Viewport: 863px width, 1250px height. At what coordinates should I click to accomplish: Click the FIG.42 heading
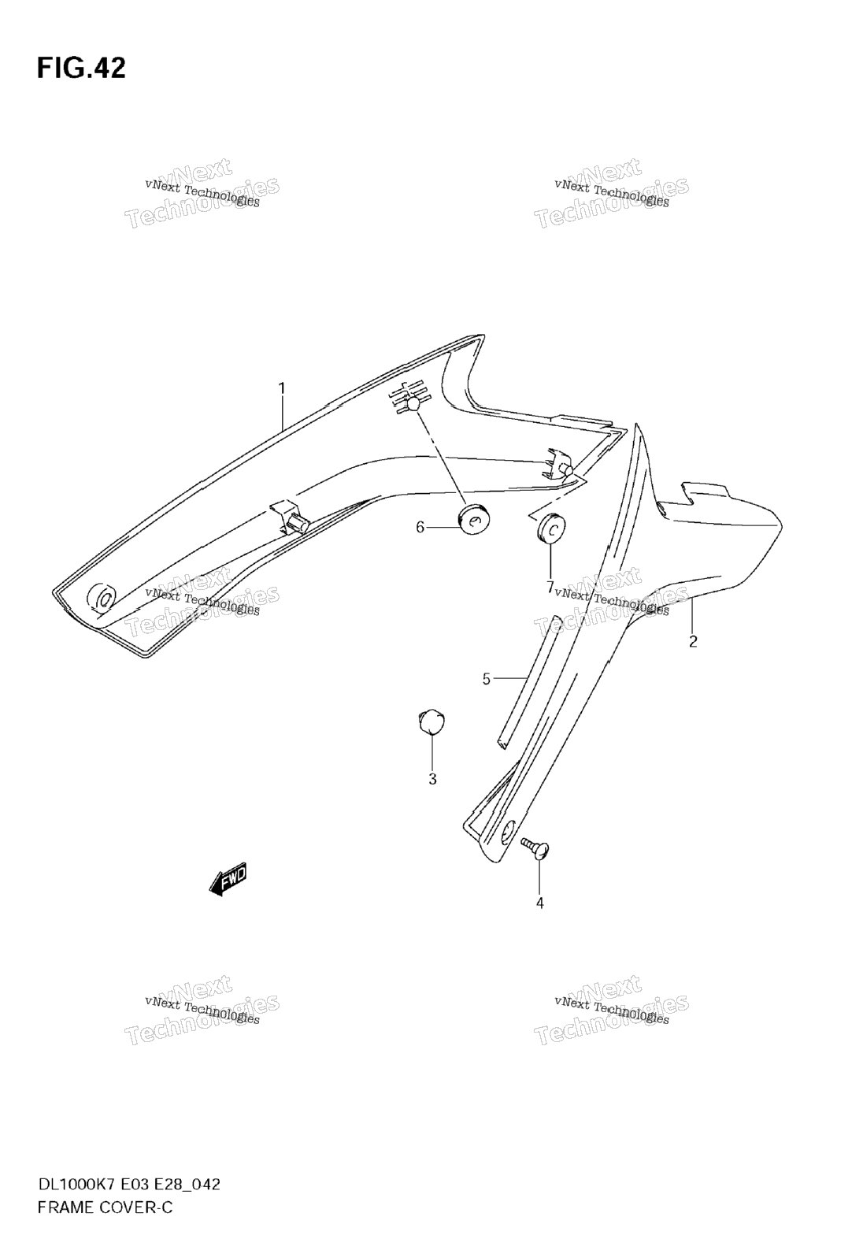pyautogui.click(x=81, y=68)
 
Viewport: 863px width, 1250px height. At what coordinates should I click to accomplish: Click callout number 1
pyautogui.click(x=282, y=388)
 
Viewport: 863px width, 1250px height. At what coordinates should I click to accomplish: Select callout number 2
pyautogui.click(x=693, y=642)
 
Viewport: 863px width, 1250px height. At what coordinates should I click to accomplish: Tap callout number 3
pyautogui.click(x=432, y=780)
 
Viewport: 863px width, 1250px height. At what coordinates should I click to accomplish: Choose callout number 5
pyautogui.click(x=486, y=679)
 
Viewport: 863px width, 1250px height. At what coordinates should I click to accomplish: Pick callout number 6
pyautogui.click(x=420, y=527)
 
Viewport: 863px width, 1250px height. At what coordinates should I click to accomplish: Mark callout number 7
pyautogui.click(x=550, y=587)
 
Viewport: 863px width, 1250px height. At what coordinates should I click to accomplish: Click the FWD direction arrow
pyautogui.click(x=228, y=881)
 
